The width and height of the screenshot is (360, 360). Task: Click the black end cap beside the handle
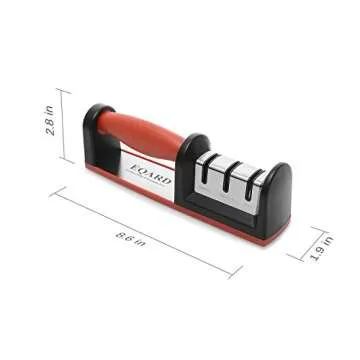(x=97, y=135)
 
